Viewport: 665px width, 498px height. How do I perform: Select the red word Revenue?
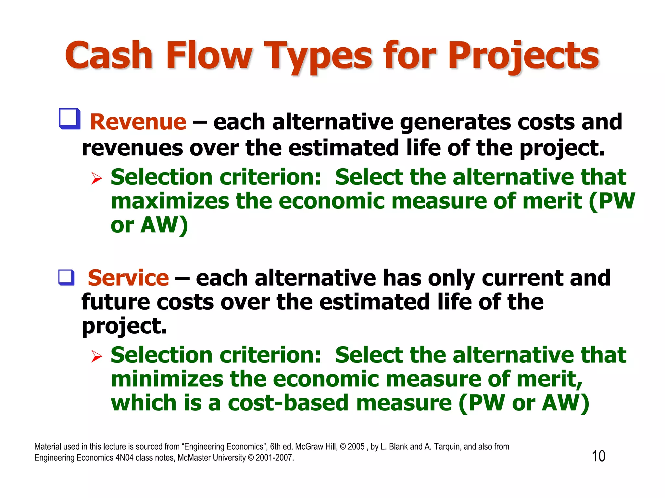[x=138, y=122]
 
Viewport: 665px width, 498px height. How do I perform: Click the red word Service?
[x=128, y=278]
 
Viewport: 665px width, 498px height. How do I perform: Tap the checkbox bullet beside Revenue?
[x=69, y=119]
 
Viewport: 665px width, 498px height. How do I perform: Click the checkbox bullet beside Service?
[x=67, y=278]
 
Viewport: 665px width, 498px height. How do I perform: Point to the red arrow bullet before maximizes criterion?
[x=96, y=178]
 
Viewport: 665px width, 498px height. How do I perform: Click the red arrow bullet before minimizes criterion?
[x=96, y=356]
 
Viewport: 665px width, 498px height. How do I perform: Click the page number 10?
[x=598, y=456]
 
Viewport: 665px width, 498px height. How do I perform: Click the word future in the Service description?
[x=116, y=302]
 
